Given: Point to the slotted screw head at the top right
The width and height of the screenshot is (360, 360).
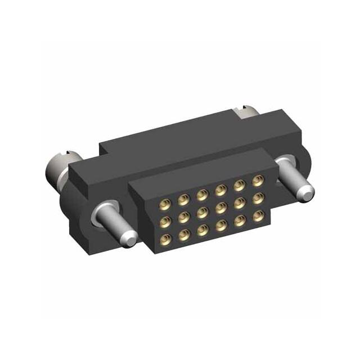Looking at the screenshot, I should coord(246,112).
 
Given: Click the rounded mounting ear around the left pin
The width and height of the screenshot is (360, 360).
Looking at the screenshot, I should coord(84,219).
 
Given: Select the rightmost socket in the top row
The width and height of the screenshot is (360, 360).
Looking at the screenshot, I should coord(258,181).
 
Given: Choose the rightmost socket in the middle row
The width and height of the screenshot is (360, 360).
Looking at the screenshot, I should coord(258,198).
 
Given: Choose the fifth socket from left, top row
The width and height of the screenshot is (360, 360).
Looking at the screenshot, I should coord(239,185).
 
